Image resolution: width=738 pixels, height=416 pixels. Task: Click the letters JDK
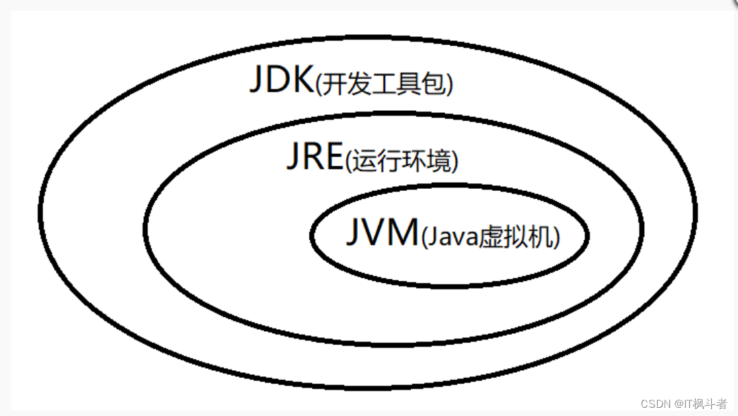click(x=281, y=81)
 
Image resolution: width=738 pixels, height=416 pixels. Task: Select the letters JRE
click(x=313, y=158)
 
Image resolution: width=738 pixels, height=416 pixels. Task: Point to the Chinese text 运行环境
click(x=400, y=162)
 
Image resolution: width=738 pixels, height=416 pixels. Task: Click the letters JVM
click(x=381, y=233)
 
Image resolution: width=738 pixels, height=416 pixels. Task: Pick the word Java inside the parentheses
click(x=452, y=237)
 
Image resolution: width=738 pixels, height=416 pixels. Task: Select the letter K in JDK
click(x=302, y=81)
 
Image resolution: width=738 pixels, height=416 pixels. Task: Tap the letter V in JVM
click(x=374, y=233)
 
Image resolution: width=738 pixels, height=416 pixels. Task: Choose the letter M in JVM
click(x=402, y=233)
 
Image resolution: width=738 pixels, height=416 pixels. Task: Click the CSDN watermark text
click(x=654, y=404)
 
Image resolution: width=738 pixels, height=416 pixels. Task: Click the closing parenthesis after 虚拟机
click(x=556, y=238)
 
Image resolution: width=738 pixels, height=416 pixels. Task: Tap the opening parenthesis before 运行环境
click(x=347, y=163)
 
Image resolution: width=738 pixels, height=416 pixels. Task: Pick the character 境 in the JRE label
click(x=442, y=162)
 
